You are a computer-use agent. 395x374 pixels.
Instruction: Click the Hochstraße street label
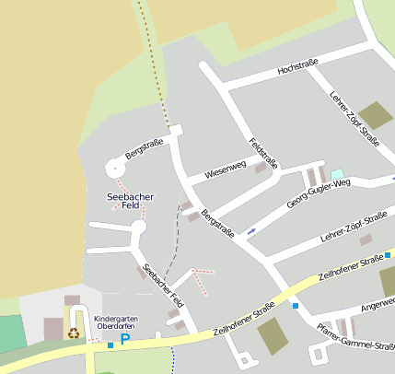(x=297, y=66)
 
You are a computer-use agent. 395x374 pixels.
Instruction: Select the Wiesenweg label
(x=226, y=168)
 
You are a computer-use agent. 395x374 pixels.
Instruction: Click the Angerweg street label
(x=378, y=302)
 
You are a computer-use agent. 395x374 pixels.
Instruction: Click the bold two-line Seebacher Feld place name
(x=131, y=203)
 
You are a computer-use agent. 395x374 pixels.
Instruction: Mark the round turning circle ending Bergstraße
(x=114, y=168)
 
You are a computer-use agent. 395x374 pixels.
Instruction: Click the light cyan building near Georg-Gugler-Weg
(x=337, y=174)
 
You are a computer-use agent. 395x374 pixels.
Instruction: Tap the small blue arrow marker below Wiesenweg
(x=251, y=230)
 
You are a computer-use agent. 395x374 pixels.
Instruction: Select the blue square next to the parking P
(x=110, y=345)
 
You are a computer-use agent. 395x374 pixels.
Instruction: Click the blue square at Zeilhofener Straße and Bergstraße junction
(x=295, y=306)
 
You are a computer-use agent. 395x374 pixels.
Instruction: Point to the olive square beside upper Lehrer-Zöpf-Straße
(x=376, y=115)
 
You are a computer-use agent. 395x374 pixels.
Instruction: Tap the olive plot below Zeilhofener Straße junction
(x=273, y=336)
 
